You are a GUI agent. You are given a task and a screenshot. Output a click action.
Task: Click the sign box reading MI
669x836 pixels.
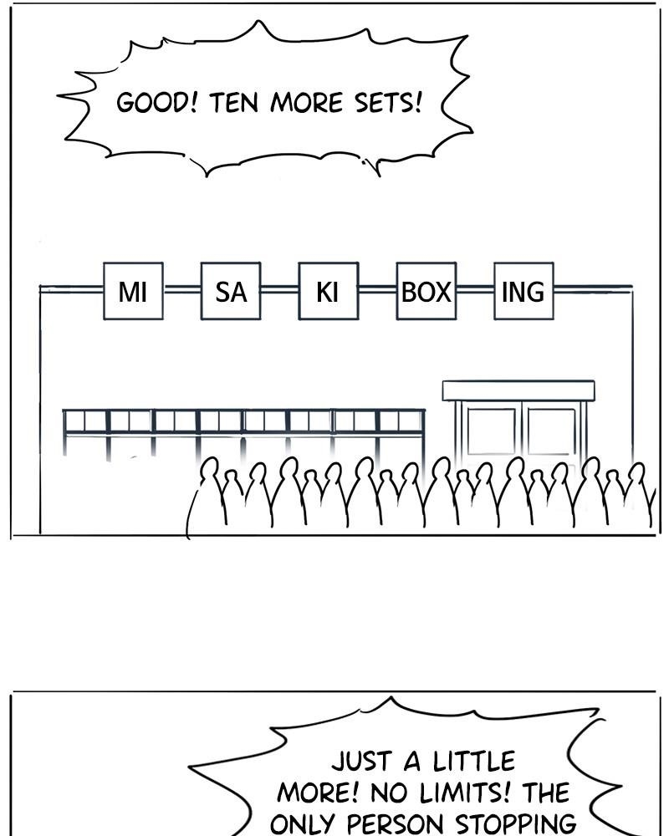click(133, 291)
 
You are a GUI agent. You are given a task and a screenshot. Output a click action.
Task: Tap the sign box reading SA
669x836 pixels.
click(231, 291)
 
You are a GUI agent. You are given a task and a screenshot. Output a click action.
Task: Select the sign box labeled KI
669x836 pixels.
click(328, 291)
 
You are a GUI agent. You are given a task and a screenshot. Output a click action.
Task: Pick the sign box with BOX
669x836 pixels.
click(426, 291)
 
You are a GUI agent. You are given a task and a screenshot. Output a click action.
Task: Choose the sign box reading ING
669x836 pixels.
click(523, 291)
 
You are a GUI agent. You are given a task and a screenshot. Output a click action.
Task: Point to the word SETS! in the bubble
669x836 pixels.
click(388, 102)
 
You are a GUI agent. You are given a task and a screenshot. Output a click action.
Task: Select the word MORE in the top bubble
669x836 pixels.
click(306, 102)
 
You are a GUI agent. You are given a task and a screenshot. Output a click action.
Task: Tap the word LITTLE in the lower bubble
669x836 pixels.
click(474, 761)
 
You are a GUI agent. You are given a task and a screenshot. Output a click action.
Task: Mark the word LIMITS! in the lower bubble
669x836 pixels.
click(465, 793)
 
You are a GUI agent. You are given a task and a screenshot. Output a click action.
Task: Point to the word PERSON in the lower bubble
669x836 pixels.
click(395, 823)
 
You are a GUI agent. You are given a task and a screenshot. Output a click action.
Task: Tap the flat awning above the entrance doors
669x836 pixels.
click(518, 390)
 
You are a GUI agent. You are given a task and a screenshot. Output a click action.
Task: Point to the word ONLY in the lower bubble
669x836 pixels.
click(302, 823)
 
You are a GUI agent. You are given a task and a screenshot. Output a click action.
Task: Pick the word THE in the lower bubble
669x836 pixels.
click(546, 793)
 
